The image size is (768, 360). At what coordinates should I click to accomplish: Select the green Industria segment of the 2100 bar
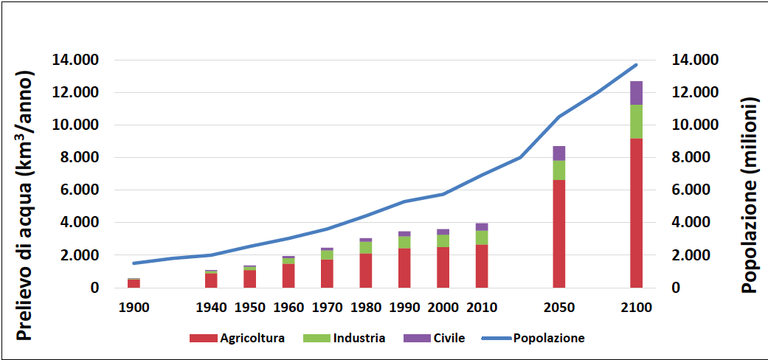point(636,122)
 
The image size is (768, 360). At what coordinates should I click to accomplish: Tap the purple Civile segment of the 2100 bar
point(636,93)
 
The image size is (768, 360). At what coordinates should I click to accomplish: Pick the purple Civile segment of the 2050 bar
point(559,153)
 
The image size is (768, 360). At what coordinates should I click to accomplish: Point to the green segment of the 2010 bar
point(481,238)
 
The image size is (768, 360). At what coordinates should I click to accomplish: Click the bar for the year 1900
point(134,283)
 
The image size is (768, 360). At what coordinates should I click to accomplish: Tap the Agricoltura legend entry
point(237,339)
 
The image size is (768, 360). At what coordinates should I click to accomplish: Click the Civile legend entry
point(435,339)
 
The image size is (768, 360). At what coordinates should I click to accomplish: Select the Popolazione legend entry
point(533,339)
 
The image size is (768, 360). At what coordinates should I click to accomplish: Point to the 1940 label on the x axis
point(211,307)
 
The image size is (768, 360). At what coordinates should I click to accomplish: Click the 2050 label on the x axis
point(559,307)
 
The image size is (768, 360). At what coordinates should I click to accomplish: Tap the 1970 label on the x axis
point(328,307)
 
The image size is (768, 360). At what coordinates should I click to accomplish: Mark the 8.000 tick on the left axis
point(77,157)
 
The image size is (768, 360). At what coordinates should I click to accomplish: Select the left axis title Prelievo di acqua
point(25,207)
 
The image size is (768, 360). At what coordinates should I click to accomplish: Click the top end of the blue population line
point(636,65)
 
